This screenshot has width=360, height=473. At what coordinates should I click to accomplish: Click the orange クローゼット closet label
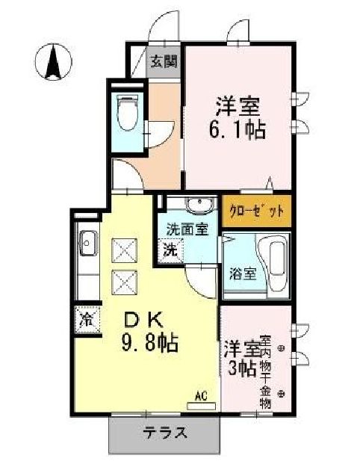click(x=255, y=211)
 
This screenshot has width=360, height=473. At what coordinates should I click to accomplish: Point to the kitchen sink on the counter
click(x=87, y=244)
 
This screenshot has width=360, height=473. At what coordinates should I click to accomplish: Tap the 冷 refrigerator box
click(x=86, y=319)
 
